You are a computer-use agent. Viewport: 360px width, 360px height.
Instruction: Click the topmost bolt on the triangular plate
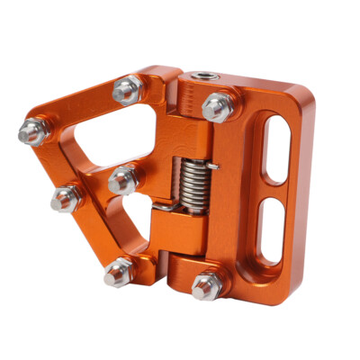(127, 88)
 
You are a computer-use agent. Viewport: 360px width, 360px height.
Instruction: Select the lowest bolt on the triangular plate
(116, 273)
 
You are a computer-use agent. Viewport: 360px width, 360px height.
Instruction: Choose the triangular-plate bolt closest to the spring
(122, 177)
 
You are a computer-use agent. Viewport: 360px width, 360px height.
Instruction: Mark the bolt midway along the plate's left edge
(66, 197)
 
